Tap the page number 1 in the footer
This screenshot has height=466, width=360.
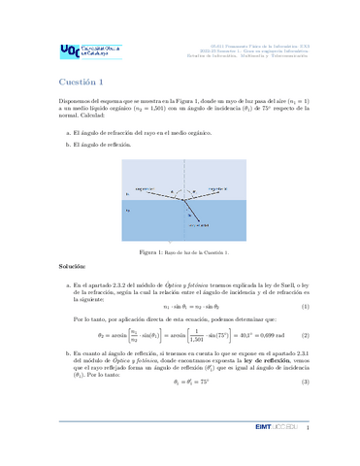[x=307, y=453]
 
